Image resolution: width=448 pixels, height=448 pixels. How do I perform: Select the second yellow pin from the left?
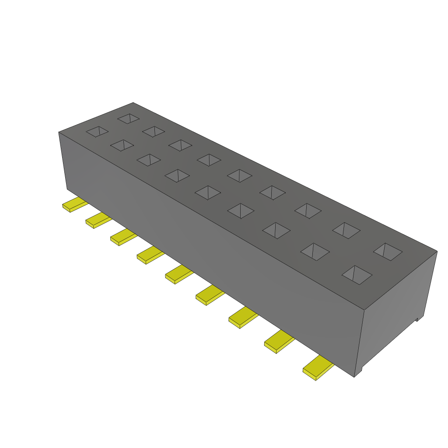pyautogui.click(x=98, y=220)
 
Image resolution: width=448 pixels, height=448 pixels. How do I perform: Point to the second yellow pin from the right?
pyautogui.click(x=279, y=342)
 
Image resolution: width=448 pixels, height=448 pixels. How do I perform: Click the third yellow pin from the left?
pyautogui.click(x=122, y=237)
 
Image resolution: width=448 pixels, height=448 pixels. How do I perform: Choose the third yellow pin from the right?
pyautogui.click(x=243, y=318)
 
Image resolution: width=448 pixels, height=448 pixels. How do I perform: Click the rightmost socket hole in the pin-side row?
pyautogui.click(x=357, y=275)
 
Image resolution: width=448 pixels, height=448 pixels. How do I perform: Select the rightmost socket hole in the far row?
pyautogui.click(x=388, y=252)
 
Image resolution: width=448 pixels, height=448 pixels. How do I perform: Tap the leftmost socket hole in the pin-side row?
pyautogui.click(x=97, y=131)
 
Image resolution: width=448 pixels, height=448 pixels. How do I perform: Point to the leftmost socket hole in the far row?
pyautogui.click(x=129, y=118)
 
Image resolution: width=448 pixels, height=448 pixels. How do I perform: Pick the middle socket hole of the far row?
pyautogui.click(x=239, y=175)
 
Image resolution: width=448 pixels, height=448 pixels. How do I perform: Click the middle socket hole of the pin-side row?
pyautogui.click(x=207, y=192)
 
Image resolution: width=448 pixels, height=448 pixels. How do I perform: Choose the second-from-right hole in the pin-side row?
pyautogui.click(x=315, y=251)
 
